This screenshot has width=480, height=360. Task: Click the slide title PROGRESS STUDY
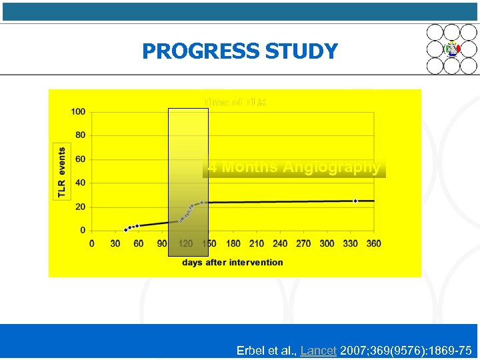[x=239, y=51]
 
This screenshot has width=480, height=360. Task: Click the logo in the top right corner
[x=452, y=49]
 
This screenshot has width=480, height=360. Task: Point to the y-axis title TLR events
[x=62, y=172]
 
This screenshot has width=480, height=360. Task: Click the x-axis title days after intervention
[x=232, y=262]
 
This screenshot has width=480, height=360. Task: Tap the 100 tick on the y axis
[x=78, y=112]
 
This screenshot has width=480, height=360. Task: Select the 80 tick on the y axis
[x=80, y=135]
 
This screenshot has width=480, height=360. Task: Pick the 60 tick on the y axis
[x=80, y=159]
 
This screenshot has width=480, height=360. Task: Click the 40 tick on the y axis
[x=80, y=183]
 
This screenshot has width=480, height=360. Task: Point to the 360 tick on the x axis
[x=373, y=243]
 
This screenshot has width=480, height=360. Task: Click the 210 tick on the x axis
[x=256, y=243]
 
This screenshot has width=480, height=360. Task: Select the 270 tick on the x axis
[x=303, y=243]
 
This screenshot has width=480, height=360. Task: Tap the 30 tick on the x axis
[x=115, y=243]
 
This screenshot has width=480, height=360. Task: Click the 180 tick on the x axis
[x=233, y=243]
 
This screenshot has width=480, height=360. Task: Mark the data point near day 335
[x=355, y=201]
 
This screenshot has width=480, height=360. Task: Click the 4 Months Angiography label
[x=294, y=167]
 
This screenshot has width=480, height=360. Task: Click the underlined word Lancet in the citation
[x=318, y=350]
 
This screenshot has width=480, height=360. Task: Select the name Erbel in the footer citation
[x=251, y=350]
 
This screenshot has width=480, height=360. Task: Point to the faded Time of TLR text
[x=235, y=103]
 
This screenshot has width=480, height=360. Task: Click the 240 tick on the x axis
[x=280, y=243]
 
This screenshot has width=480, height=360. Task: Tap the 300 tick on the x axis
[x=327, y=243]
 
